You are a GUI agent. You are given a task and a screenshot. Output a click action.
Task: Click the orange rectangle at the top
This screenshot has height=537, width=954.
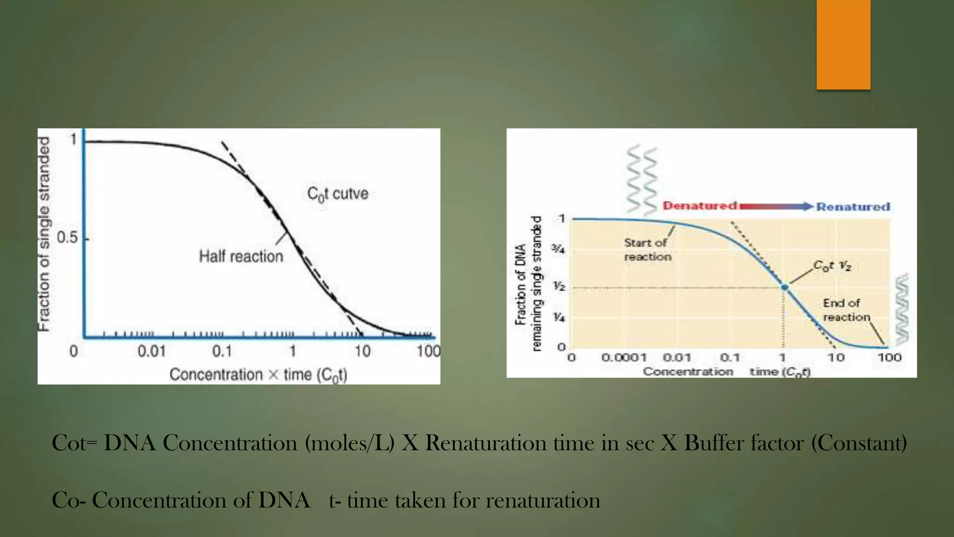[x=843, y=44]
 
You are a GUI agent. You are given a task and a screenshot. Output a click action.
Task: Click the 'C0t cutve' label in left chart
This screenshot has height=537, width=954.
[x=338, y=193]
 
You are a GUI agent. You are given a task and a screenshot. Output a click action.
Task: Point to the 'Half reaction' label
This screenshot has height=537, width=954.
[x=241, y=256]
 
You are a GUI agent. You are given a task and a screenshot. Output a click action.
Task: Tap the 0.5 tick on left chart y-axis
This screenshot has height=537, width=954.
[x=68, y=238]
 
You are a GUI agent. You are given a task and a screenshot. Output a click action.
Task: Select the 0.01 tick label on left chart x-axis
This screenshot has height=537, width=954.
[x=151, y=351]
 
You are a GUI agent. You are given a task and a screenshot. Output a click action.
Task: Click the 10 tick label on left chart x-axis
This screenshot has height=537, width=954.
[x=362, y=351]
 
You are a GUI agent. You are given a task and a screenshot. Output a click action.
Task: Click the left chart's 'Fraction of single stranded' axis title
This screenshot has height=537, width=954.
[x=44, y=233]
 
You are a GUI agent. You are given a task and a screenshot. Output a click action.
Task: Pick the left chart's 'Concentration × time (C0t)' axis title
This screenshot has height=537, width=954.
[x=259, y=375]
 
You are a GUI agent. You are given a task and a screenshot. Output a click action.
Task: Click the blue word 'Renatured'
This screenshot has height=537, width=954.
[x=853, y=207]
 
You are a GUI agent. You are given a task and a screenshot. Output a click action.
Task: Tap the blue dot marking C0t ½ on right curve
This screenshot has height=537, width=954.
[x=784, y=288]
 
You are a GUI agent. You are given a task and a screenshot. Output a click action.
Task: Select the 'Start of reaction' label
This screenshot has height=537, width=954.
[x=647, y=249]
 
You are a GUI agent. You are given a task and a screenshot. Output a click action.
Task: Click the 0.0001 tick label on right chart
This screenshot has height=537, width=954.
[x=624, y=358]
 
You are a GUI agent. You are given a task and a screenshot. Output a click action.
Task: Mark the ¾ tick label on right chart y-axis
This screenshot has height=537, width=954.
[x=559, y=249]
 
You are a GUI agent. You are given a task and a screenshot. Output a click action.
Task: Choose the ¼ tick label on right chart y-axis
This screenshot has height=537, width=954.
[x=559, y=317]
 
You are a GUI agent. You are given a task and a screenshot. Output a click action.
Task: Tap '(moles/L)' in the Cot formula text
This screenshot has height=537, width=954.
[x=349, y=443]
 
